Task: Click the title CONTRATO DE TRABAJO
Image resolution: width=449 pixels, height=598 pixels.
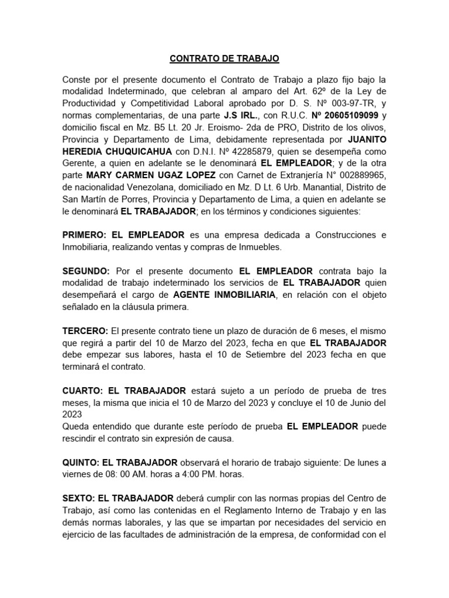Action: coord(224,58)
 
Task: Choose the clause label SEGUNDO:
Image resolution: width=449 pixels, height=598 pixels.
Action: coord(86,271)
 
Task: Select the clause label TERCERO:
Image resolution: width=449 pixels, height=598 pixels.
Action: coord(85,331)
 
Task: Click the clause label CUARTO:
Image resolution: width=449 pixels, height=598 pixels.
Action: coord(82,391)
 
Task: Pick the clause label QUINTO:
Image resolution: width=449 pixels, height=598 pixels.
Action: coord(82,463)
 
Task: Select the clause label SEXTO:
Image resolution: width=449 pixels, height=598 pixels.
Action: coord(79,499)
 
